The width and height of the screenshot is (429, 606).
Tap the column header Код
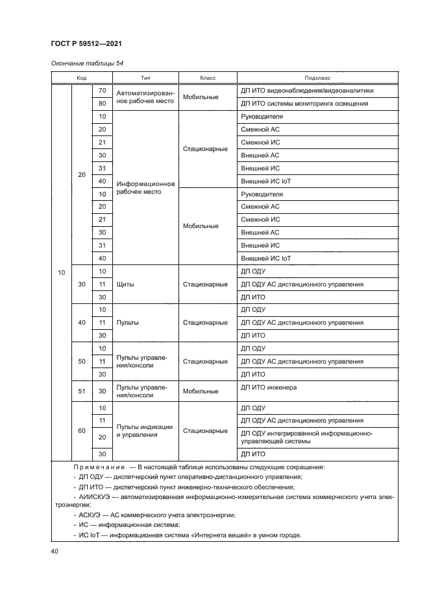click(x=82, y=77)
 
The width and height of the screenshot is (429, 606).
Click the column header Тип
click(x=145, y=77)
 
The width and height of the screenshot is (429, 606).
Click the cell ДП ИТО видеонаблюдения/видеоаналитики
click(x=307, y=91)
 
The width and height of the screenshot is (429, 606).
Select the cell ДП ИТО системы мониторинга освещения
click(x=304, y=104)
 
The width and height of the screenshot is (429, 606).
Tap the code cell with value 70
click(x=102, y=91)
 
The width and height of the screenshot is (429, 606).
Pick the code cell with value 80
click(x=102, y=104)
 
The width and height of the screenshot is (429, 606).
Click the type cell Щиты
click(x=124, y=284)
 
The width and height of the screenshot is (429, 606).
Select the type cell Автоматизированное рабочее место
click(x=145, y=97)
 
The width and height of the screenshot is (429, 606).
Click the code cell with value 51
click(x=82, y=391)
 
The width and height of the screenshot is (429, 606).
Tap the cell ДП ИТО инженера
click(x=269, y=388)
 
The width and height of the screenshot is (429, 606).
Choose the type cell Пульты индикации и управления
click(x=144, y=431)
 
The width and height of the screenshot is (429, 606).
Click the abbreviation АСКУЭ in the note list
click(x=88, y=514)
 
